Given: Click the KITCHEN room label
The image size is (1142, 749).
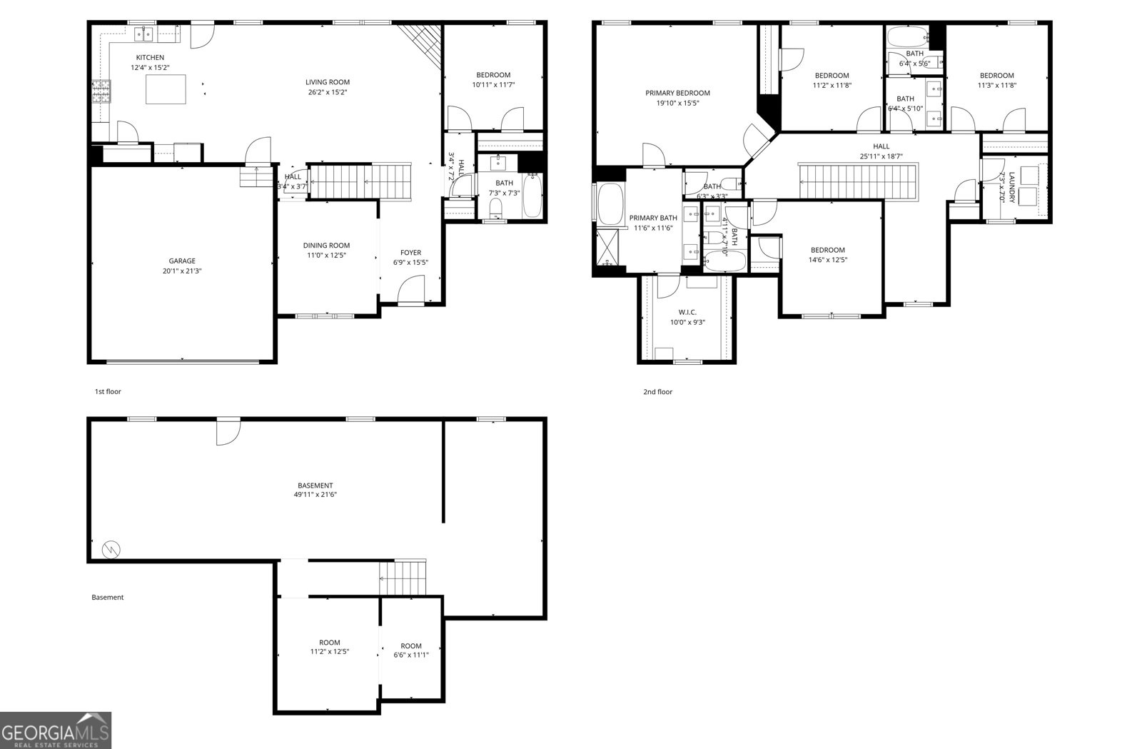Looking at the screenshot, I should tap(150, 58).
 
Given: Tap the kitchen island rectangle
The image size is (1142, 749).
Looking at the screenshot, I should tap(166, 89).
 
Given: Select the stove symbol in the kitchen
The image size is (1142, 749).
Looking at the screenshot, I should tap(101, 91).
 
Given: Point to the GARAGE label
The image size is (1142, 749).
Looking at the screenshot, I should tap(182, 261).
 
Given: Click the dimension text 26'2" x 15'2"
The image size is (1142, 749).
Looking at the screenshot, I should tap(328, 92).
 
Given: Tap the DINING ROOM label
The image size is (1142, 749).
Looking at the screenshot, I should tap(326, 246).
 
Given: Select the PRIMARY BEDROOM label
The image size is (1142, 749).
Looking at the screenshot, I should tap(677, 93).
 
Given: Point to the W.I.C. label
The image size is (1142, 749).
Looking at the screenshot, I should tap(687, 312).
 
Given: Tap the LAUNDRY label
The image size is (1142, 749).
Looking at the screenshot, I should tap(1011, 187).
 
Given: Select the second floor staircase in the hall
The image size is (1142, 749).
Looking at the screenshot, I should tap(857, 181).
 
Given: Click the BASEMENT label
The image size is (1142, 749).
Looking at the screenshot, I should tap(315, 486).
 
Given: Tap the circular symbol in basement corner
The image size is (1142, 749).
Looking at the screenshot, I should tap(111, 549).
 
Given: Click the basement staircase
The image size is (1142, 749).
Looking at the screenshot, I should tap(403, 577).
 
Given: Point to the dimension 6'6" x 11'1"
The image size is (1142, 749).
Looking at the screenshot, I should tap(411, 655).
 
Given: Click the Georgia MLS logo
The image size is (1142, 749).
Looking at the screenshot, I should tap(56, 730).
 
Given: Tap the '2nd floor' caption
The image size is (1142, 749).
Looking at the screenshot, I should tap(657, 392).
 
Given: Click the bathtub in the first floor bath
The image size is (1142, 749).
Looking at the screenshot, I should tap(532, 195).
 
